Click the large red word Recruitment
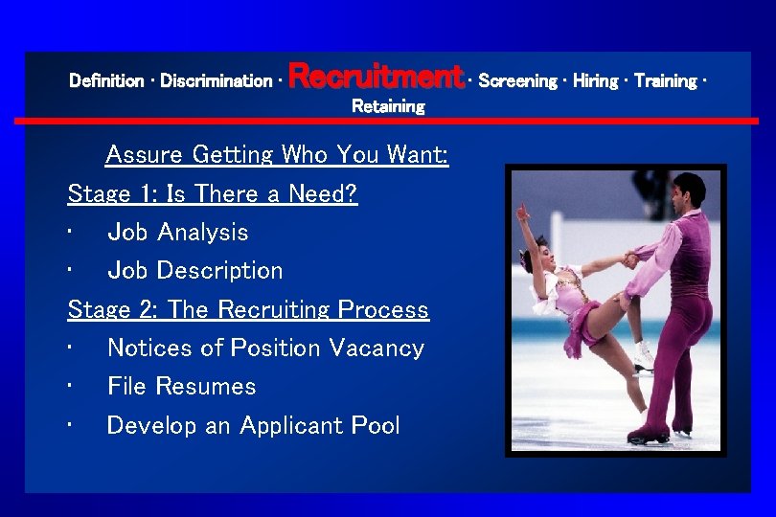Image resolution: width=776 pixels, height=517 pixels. point(375,76)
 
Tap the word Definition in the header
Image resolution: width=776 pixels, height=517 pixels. point(105,81)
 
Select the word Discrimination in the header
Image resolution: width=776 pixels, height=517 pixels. point(216,81)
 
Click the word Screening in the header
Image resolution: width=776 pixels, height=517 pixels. point(517,81)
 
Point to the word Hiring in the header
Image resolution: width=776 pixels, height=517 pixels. point(596,81)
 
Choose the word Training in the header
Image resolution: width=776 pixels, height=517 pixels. point(665,81)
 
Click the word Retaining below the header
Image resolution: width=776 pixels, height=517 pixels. point(388,106)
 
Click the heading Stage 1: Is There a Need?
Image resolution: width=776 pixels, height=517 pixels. point(213,193)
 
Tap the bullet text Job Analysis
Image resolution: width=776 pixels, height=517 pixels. point(177,233)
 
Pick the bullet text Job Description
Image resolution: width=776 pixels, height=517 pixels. point(194,271)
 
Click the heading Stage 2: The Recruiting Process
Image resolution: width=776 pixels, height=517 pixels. point(248,310)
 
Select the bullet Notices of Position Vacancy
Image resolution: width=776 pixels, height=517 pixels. point(265,348)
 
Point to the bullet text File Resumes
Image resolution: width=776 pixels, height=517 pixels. point(181,387)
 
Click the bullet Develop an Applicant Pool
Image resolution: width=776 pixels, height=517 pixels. point(253,426)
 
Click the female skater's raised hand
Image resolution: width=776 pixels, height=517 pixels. point(522,212)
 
